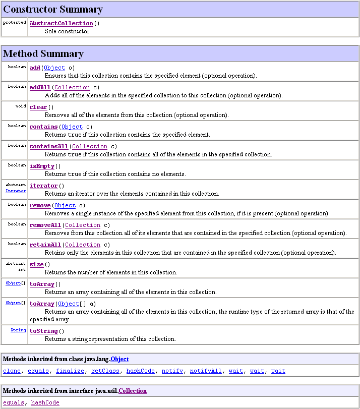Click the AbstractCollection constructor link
coord(61,24)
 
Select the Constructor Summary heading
coord(53,10)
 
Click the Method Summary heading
coord(43,54)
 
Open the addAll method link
coord(40,88)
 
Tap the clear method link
coord(38,107)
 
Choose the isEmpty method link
coord(42,166)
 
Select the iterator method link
coord(43,186)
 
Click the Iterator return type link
coord(16,191)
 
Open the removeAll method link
coord(45,225)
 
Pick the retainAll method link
coord(45,245)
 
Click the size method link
coord(36,265)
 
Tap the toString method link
coord(43,331)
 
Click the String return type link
coord(19,330)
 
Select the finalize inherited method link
coord(70,371)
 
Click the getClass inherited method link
coord(105,371)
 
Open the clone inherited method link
coord(12,371)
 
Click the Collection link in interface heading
coord(133,391)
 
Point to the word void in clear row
coord(21,106)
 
